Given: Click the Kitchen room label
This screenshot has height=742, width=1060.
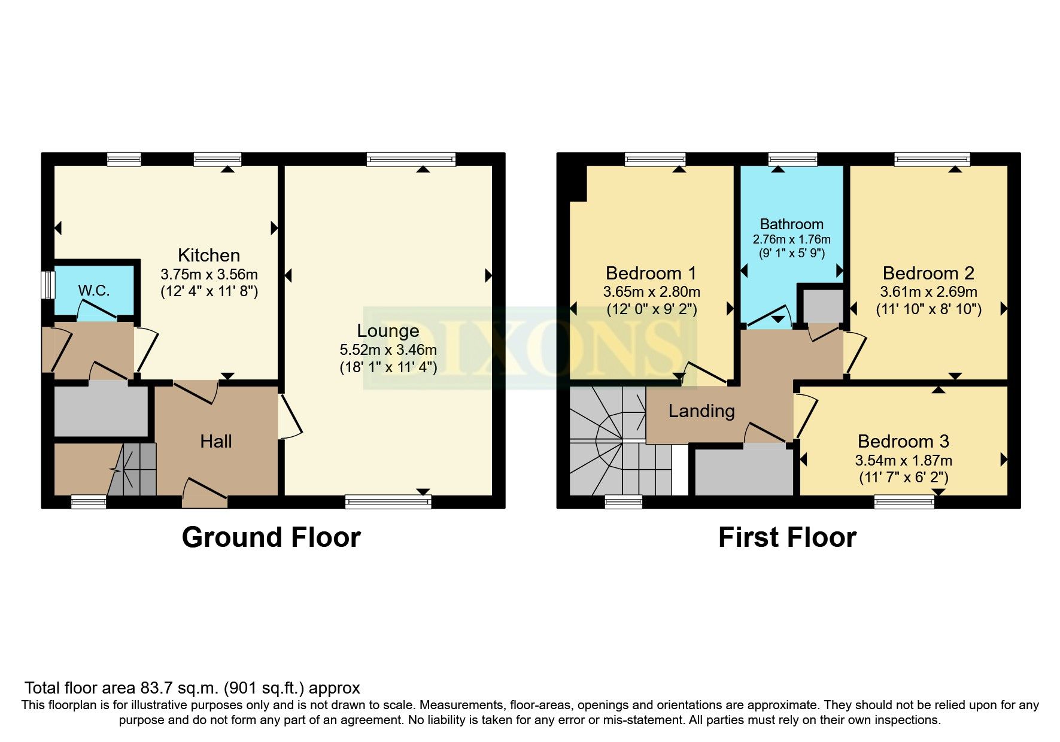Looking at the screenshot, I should coord(209,256).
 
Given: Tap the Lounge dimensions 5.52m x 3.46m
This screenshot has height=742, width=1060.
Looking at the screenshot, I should coord(388,349).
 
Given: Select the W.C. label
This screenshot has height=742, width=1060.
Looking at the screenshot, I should coord(94,291).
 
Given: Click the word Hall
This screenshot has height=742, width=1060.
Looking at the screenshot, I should coord(216,442).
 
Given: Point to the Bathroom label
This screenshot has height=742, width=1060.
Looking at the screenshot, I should coord(791,224).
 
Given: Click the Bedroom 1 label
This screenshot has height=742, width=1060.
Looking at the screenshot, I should coord(651,273).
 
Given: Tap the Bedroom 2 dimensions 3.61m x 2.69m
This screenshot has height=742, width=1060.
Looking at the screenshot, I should coord(928,292).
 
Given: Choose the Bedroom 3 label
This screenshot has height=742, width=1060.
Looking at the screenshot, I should coord(903,442).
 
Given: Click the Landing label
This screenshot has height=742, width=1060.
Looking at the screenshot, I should coord(701,411).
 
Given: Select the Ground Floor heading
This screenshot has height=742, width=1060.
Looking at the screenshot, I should coord(271,537).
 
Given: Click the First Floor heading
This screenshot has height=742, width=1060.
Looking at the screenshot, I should coord(787,537).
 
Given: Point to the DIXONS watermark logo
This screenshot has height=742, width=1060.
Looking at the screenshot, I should coord(529,348).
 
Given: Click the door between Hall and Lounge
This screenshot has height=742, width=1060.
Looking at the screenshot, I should coord(290,416).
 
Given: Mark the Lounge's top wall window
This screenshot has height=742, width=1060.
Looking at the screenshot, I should coord(411,159).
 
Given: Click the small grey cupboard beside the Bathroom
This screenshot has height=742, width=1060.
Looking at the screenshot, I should coord(822,305).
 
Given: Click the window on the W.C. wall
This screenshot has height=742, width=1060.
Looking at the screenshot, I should coord(47,285).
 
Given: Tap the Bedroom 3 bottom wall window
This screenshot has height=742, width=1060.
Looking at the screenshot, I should coord(904,501).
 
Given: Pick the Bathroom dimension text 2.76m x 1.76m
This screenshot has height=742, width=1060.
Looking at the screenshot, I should coord(791,239).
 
